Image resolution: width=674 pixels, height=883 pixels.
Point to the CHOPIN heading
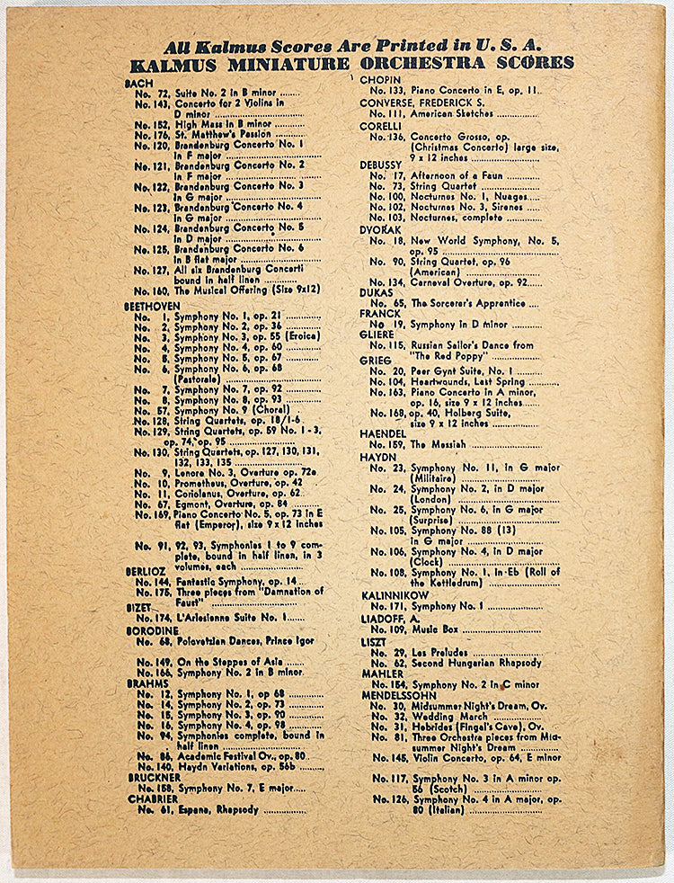click(379, 80)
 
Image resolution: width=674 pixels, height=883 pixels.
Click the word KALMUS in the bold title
click(176, 64)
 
